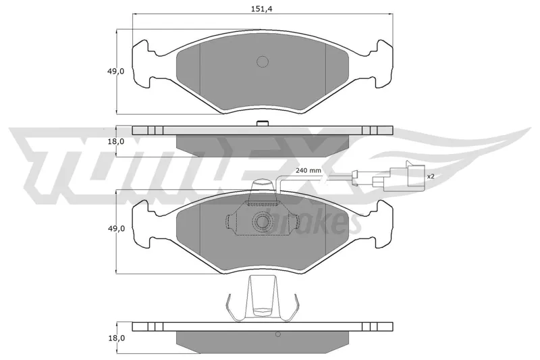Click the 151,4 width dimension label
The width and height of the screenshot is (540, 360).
tap(263, 9)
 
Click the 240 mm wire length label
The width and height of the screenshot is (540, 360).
tap(308, 170)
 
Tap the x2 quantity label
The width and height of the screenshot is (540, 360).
tap(431, 176)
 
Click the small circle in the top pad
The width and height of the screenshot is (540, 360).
tap(263, 61)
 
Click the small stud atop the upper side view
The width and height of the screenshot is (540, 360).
tap(263, 124)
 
